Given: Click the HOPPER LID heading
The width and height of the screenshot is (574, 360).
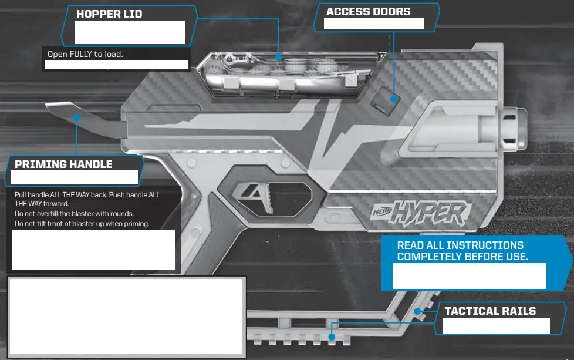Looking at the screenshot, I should coord(109,14).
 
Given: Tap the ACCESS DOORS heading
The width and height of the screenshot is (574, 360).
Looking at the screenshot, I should coord(368,12).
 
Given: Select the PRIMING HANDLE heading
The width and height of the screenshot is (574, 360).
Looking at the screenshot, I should coord(63,164).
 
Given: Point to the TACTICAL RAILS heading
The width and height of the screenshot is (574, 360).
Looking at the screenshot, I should coord(490,311).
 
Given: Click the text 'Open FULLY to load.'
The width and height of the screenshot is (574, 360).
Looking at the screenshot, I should coord(85,54).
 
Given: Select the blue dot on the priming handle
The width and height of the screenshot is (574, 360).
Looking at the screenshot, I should coord(76,117).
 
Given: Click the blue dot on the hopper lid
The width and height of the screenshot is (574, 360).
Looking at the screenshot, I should coord(279,58).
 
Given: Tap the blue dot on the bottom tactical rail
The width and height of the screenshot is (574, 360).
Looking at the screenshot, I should coord(332,337).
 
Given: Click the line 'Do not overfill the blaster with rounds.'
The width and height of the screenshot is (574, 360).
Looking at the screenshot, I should coord(74,213).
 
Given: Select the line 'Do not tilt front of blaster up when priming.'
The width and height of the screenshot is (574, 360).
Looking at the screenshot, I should coord(82,224).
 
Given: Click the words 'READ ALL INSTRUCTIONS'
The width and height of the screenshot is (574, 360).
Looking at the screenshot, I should coord(460,245).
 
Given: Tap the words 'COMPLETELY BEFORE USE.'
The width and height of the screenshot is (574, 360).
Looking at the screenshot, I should coord(462,257).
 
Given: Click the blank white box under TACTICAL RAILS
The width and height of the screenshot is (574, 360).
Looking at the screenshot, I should coord(496,326).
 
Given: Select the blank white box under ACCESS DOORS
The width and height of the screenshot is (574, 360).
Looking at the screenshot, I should coord(374,23).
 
